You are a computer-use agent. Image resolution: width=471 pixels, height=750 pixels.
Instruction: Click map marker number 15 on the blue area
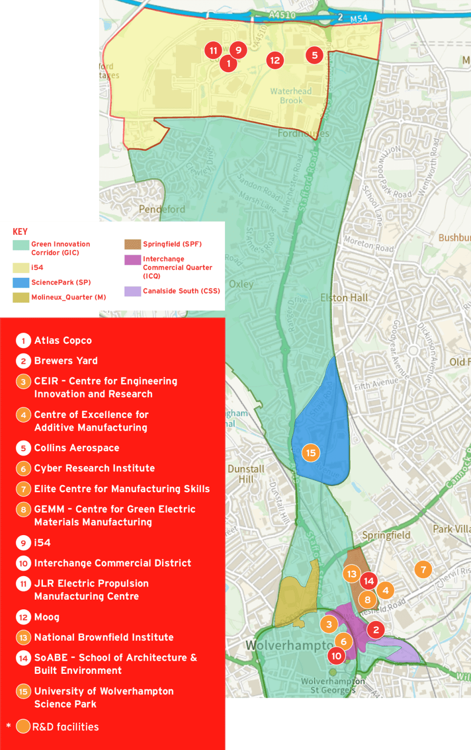click(x=311, y=453)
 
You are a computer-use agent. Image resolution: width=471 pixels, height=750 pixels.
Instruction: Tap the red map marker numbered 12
click(x=275, y=60)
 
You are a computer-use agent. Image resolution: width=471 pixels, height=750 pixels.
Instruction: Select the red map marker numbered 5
click(x=315, y=55)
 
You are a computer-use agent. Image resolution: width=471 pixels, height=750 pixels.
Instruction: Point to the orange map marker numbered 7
click(x=423, y=569)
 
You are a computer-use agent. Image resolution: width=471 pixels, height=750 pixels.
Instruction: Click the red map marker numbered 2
click(x=376, y=629)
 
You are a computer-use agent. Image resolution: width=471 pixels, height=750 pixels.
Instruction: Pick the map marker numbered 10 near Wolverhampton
click(x=336, y=656)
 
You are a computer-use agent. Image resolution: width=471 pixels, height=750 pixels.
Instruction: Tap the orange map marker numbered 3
click(x=329, y=624)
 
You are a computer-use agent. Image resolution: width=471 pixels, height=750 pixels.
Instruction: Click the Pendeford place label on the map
click(x=162, y=209)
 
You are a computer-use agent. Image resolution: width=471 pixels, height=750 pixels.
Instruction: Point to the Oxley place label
click(x=241, y=284)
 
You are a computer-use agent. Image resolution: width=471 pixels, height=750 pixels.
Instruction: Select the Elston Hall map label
click(x=344, y=297)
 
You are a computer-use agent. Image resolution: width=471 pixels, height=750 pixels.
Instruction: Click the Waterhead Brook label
click(x=291, y=96)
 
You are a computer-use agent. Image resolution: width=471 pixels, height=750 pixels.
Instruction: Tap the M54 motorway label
click(x=359, y=19)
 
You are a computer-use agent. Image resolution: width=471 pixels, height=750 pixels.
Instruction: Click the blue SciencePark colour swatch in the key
click(x=21, y=282)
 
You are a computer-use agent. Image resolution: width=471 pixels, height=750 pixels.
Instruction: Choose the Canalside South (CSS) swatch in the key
click(x=133, y=291)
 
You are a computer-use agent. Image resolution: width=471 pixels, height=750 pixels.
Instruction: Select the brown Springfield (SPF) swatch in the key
click(x=133, y=244)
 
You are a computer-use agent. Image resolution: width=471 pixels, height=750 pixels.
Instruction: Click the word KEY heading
click(x=20, y=231)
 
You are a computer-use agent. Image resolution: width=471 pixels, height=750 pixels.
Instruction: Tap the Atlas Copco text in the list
click(x=63, y=340)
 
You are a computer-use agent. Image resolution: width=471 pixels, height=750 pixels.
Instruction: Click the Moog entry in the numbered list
click(x=47, y=617)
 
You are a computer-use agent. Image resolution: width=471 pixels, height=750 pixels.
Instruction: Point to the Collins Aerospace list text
click(x=77, y=448)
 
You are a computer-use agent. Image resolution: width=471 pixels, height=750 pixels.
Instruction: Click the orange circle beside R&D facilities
click(x=23, y=727)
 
